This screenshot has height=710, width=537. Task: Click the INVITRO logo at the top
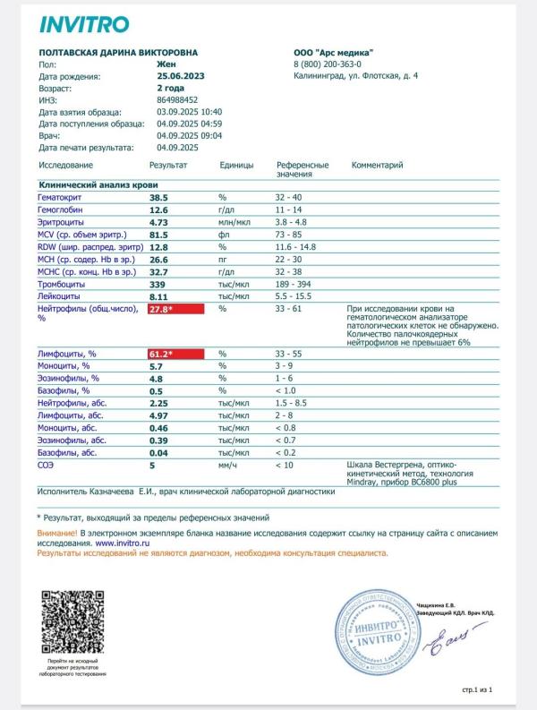pos(84,24)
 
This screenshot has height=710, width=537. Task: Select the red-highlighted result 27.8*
pos(175,309)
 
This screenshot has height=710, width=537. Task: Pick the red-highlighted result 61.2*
pos(175,355)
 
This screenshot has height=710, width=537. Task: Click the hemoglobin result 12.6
pos(159,208)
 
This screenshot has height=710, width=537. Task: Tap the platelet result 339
pos(158,284)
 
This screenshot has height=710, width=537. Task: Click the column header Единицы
pos(236,166)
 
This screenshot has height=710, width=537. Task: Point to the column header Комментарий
pos(378,166)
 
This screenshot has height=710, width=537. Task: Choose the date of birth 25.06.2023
pos(182,77)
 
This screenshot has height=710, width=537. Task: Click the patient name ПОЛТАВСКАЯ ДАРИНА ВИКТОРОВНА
pos(119,53)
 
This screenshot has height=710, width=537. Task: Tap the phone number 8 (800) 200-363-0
pos(328,64)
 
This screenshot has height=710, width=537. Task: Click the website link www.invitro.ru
pos(122,543)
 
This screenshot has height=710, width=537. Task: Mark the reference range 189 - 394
pos(299,284)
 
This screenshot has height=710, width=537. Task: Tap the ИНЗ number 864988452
pos(177,100)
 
